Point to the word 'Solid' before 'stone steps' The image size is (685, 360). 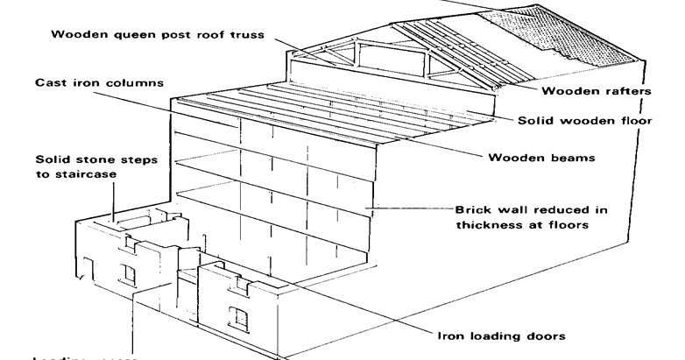click(53, 161)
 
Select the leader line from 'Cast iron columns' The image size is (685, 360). click(193, 109)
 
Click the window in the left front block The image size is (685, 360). click(130, 276)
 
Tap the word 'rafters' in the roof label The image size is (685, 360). click(610, 90)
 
